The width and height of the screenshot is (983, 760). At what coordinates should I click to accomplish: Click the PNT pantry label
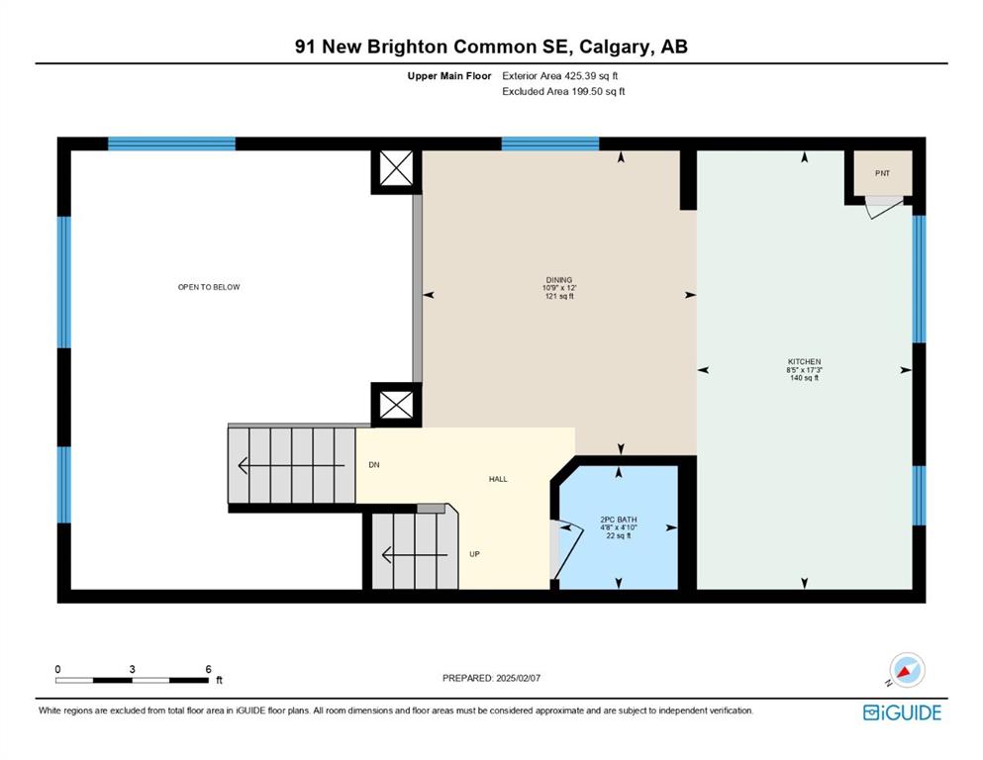point(882,173)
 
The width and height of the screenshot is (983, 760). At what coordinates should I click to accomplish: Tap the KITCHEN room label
point(805,362)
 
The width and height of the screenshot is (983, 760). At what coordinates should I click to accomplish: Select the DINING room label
point(559,280)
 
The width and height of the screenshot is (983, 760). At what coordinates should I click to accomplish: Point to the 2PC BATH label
point(619,520)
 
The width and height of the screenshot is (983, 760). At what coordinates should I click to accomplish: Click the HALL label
point(498,479)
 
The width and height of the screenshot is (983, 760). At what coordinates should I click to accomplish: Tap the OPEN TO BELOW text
point(209,287)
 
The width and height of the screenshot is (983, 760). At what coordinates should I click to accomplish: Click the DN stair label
point(374,465)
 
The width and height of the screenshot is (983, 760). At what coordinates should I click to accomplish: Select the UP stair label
point(474,554)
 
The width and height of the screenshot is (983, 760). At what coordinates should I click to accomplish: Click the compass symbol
point(907,670)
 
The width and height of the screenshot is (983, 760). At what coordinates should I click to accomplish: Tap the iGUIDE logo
point(902,712)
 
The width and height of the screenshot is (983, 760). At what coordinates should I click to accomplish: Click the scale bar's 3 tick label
point(133,669)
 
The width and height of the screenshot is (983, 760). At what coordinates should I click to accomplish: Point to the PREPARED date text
point(491,678)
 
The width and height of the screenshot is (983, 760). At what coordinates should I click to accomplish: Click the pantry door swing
point(885,208)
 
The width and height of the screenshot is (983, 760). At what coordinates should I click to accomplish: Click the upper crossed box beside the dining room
point(396,168)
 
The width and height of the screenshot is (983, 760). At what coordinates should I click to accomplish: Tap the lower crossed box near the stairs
point(396,405)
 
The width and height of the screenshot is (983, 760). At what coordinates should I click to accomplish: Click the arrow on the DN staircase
point(291,466)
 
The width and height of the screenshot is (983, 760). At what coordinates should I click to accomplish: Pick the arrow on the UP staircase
point(415,555)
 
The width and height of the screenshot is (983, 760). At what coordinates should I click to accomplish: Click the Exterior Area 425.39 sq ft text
point(560,76)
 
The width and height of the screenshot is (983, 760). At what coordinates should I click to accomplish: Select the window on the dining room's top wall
point(549,143)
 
